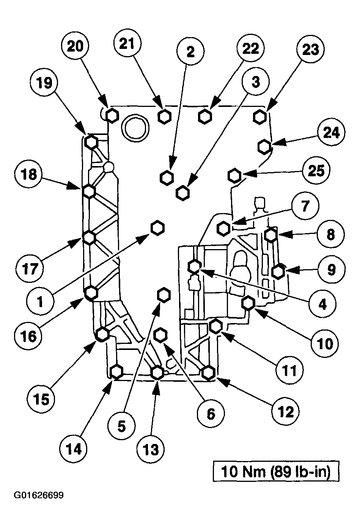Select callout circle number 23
(310, 50)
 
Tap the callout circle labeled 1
(40, 301)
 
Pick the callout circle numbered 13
(151, 450)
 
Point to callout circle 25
(316, 171)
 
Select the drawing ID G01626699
(38, 495)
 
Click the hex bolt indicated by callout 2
(167, 177)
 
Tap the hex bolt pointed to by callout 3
(183, 192)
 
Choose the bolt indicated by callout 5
(164, 295)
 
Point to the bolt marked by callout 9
(278, 271)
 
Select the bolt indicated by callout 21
(164, 116)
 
